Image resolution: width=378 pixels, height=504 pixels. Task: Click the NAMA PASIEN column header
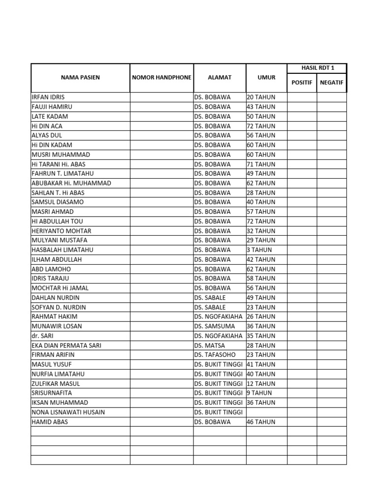coord(80,78)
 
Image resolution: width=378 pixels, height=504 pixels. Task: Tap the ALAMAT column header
coord(220,78)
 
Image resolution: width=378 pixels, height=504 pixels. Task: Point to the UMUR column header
coord(266,78)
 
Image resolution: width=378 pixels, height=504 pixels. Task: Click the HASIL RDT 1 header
coord(317,68)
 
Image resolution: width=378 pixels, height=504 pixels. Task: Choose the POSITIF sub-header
coord(302,83)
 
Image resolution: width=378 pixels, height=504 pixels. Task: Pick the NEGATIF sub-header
coord(332,83)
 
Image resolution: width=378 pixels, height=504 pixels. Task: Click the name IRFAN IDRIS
coord(48,97)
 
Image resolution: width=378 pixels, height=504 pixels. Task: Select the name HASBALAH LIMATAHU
coord(62,250)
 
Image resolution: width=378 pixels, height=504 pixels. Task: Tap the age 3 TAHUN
coord(259,250)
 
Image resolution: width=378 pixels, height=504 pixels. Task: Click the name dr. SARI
coord(43,336)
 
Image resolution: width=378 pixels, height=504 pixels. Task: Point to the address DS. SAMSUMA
coord(215,326)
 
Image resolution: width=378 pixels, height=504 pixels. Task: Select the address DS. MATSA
coord(210,346)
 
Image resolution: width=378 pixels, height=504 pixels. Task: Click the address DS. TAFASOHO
coord(215,354)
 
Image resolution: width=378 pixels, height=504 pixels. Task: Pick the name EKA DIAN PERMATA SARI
coord(66,346)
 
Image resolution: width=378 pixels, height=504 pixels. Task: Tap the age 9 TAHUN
coord(259,393)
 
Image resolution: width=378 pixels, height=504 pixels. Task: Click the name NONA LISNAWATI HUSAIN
coord(68,412)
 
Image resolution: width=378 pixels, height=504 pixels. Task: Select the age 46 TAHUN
coord(261,422)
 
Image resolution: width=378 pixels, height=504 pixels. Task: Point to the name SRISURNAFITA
coord(52,393)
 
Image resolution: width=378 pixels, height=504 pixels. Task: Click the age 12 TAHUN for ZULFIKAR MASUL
coord(261,383)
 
